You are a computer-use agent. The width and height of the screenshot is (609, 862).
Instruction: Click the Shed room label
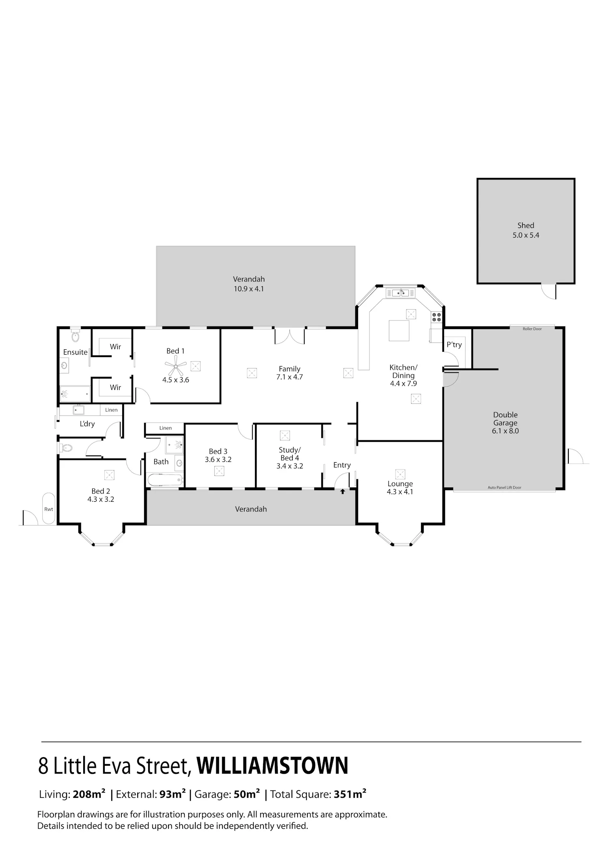click(x=525, y=225)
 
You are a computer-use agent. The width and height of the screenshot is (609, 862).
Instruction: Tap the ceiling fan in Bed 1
click(x=176, y=366)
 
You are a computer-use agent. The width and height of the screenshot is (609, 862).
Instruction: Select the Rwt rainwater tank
click(x=49, y=509)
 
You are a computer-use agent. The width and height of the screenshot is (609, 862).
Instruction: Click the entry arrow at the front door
click(x=342, y=492)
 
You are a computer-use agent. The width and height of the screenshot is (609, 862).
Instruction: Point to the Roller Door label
click(x=532, y=329)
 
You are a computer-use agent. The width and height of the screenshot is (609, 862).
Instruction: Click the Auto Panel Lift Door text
click(x=504, y=487)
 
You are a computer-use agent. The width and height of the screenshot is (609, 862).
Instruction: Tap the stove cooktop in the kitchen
click(x=436, y=317)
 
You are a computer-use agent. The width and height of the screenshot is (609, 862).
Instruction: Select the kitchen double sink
click(x=401, y=293)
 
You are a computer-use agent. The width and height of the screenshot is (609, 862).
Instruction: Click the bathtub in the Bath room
click(x=164, y=480)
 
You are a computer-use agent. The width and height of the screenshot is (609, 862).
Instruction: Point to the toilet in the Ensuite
click(x=76, y=335)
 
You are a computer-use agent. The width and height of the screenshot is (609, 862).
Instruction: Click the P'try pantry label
click(x=454, y=345)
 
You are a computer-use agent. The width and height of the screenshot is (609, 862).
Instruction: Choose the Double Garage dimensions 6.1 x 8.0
click(x=505, y=431)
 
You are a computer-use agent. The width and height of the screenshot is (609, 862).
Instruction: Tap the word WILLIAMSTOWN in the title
click(x=272, y=765)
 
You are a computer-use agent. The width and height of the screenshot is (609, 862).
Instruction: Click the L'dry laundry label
click(x=87, y=424)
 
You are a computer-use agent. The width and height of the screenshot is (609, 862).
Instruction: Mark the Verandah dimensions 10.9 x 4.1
click(x=249, y=289)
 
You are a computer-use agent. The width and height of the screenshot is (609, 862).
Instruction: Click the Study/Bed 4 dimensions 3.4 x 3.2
click(x=289, y=466)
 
